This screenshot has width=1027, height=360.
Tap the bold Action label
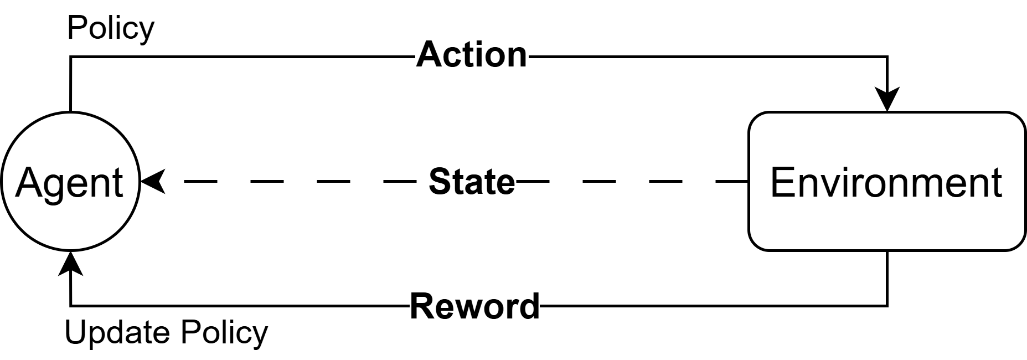pyautogui.click(x=472, y=55)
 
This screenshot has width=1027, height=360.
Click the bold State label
pyautogui.click(x=472, y=182)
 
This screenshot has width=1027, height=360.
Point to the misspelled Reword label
pyautogui.click(x=474, y=306)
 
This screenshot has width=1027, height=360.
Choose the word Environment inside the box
pyautogui.click(x=886, y=183)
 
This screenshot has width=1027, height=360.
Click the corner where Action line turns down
pyautogui.click(x=887, y=56)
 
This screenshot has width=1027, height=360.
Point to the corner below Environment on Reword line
pyautogui.click(x=887, y=305)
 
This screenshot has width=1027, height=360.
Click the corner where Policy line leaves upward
pyautogui.click(x=70, y=56)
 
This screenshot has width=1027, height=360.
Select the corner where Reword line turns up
pyautogui.click(x=70, y=305)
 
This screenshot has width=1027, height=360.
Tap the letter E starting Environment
pyautogui.click(x=781, y=183)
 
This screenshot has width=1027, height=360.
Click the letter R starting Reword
pyautogui.click(x=421, y=306)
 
